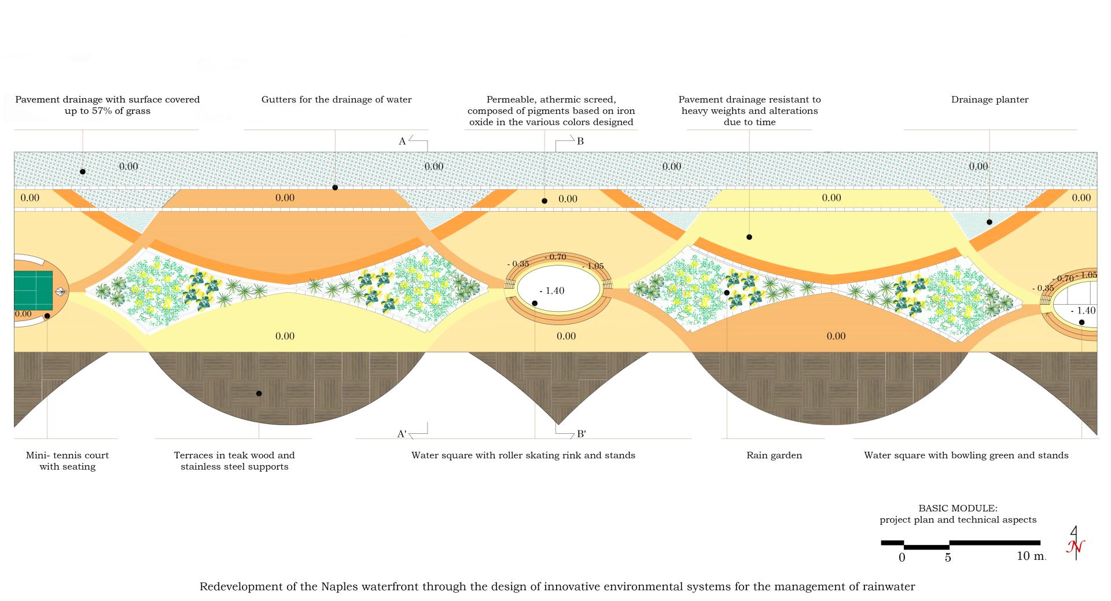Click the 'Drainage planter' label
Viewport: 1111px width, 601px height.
(x=989, y=99)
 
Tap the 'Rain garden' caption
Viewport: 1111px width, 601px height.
(x=774, y=455)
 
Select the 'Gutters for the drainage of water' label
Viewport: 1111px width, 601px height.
(x=336, y=99)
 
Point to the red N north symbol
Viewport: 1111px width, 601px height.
(x=1076, y=547)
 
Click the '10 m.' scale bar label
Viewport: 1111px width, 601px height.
(x=1031, y=556)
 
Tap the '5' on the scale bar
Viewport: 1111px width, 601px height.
(x=948, y=558)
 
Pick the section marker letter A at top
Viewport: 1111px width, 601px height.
(x=402, y=141)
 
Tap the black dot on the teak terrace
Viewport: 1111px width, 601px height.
(x=259, y=393)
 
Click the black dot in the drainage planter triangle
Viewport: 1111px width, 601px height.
(x=989, y=222)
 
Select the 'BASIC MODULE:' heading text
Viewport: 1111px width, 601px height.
(x=958, y=508)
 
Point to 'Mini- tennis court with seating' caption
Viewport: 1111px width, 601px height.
(x=67, y=461)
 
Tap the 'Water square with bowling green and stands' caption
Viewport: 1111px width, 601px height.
(x=966, y=455)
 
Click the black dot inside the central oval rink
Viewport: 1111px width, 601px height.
(x=535, y=303)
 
